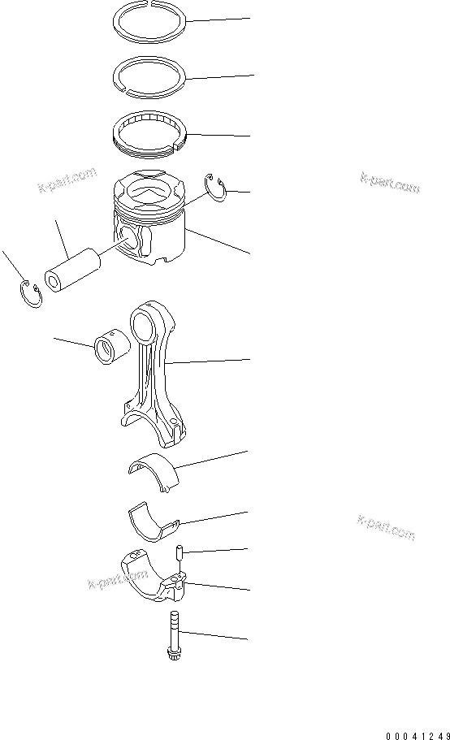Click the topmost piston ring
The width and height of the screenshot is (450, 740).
pyautogui.click(x=150, y=19)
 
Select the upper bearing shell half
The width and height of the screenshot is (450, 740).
pyautogui.click(x=154, y=470)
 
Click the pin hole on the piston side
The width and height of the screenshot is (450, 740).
pyautogui.click(x=128, y=238)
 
